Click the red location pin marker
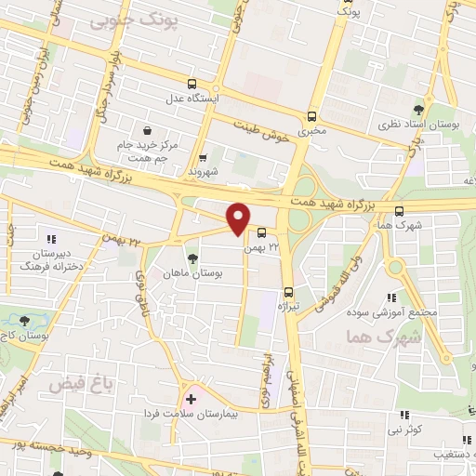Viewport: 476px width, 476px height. [x=238, y=218]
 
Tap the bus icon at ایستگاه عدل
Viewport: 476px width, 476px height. [x=192, y=83]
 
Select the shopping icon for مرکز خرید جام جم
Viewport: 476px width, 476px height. [x=148, y=130]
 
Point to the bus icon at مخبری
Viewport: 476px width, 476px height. [x=311, y=117]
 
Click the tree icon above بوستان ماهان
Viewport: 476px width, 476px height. [x=192, y=258]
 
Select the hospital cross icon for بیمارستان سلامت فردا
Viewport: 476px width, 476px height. [x=192, y=399]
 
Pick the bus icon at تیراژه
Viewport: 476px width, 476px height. [x=288, y=292]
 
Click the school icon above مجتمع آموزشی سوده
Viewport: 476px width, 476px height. [x=393, y=297]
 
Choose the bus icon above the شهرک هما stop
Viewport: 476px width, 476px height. [x=399, y=209]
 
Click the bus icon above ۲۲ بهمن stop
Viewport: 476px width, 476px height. [x=261, y=232]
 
